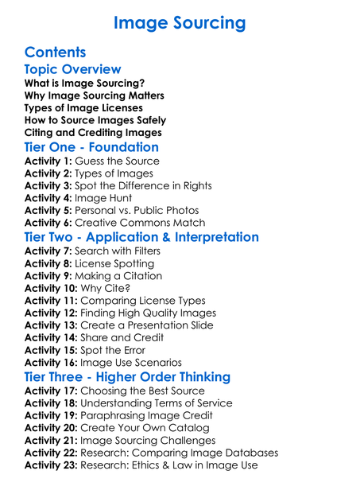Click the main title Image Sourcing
click(x=180, y=22)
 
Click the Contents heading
click(x=55, y=53)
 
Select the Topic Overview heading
click(x=73, y=70)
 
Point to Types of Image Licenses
click(x=83, y=107)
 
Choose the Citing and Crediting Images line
click(x=93, y=133)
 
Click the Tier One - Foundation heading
click(x=91, y=147)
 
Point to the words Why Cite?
click(x=107, y=289)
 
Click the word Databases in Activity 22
click(x=249, y=453)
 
